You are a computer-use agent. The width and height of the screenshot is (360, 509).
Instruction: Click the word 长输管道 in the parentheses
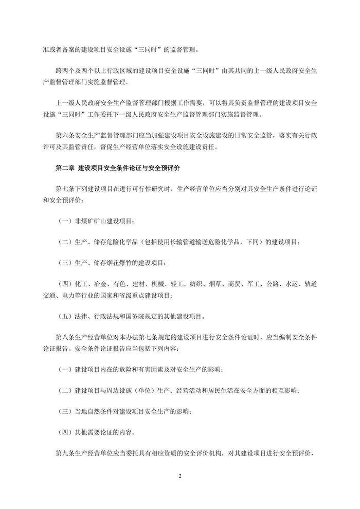coord(189,242)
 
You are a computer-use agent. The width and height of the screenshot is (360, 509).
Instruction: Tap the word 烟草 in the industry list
coord(215,284)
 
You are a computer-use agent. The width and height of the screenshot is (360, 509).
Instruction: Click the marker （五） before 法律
coord(64,316)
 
